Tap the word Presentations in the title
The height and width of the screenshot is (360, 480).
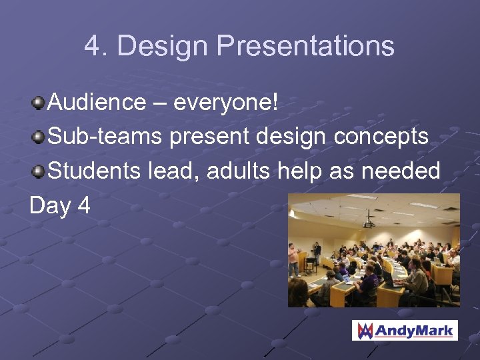click(x=305, y=47)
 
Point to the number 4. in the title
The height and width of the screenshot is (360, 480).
click(x=96, y=47)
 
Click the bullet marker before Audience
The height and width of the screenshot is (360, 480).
click(x=39, y=103)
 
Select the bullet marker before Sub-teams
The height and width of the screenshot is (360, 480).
click(x=39, y=137)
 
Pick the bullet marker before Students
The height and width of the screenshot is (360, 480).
click(x=39, y=172)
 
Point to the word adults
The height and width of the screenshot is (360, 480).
click(x=238, y=171)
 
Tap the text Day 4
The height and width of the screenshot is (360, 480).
click(x=60, y=206)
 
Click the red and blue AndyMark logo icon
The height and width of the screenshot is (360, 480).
click(x=364, y=330)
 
